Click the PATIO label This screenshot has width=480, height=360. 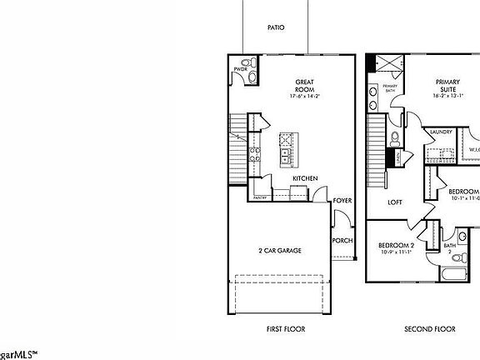[276, 27]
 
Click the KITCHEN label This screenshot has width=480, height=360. [303, 178]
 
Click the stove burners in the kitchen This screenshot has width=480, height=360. [254, 154]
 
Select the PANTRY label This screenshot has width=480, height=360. [260, 197]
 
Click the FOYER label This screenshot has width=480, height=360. [342, 201]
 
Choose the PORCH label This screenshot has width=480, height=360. [342, 240]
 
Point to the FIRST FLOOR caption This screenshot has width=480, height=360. [285, 329]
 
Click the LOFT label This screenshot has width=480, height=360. [395, 202]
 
